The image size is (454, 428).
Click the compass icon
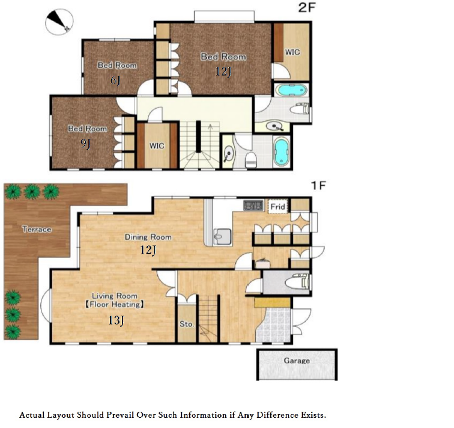pyautogui.click(x=59, y=22)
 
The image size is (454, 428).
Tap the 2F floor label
pyautogui.click(x=306, y=8)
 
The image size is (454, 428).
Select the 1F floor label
pyautogui.click(x=318, y=186)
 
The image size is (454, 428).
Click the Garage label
pyautogui.click(x=297, y=361)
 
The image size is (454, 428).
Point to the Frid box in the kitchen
pyautogui.click(x=278, y=207)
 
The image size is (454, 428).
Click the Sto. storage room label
pyautogui.click(x=186, y=324)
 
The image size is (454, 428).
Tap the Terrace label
pyautogui.click(x=37, y=230)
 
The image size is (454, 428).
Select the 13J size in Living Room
pyautogui.click(x=116, y=320)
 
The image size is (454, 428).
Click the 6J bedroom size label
pyautogui.click(x=115, y=80)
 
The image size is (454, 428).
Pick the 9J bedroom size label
pyautogui.click(x=85, y=143)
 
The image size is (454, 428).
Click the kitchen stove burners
pyautogui.click(x=253, y=206)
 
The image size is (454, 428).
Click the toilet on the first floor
pyautogui.click(x=297, y=283)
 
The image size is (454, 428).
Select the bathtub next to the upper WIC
pyautogui.click(x=291, y=90)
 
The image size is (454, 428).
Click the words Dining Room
pyautogui.click(x=148, y=237)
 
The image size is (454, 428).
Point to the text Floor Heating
pyautogui.click(x=114, y=305)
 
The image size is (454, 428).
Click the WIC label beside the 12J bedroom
pyautogui.click(x=292, y=52)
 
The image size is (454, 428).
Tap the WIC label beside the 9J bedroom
pyautogui.click(x=157, y=145)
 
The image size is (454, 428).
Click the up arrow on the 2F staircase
pyautogui.click(x=211, y=127)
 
